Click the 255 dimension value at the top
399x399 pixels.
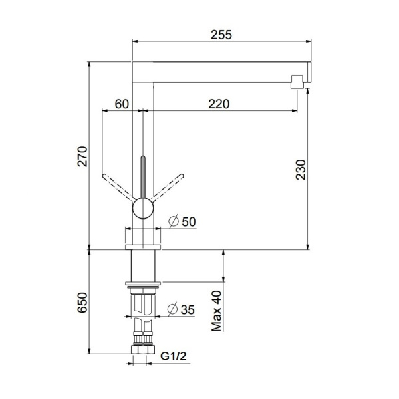click(222, 35)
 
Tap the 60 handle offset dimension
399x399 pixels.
click(122, 104)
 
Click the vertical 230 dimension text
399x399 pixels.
click(301, 170)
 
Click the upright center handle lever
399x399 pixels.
click(142, 176)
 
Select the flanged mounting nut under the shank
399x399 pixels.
click(143, 287)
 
